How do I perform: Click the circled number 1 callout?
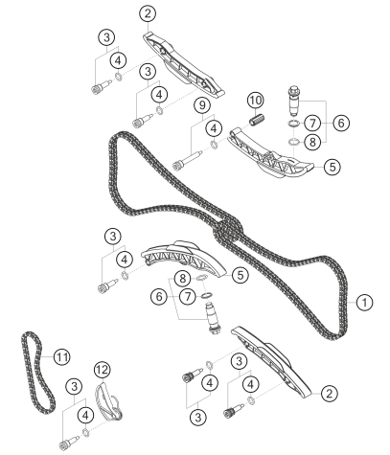pyautogui.click(x=364, y=302)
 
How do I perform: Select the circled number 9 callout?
pyautogui.click(x=202, y=105)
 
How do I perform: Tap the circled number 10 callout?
pyautogui.click(x=256, y=101)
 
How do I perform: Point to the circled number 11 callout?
pyautogui.click(x=61, y=356)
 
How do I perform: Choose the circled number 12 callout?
pyautogui.click(x=103, y=370)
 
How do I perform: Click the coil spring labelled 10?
pyautogui.click(x=257, y=120)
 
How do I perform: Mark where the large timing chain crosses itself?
pyautogui.click(x=228, y=229)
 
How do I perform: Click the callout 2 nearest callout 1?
pyautogui.click(x=329, y=393)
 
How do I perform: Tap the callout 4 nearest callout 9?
pyautogui.click(x=214, y=128)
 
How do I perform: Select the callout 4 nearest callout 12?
pyautogui.click(x=85, y=416)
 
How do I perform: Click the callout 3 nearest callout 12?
pyautogui.click(x=74, y=387)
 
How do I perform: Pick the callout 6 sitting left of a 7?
pyautogui.click(x=159, y=297)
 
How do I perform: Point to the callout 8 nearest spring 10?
pyautogui.click(x=312, y=142)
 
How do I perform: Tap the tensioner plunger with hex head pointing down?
pyautogui.click(x=212, y=319)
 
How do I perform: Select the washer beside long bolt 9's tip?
pyautogui.click(x=214, y=145)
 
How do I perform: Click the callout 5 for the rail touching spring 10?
pyautogui.click(x=333, y=167)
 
